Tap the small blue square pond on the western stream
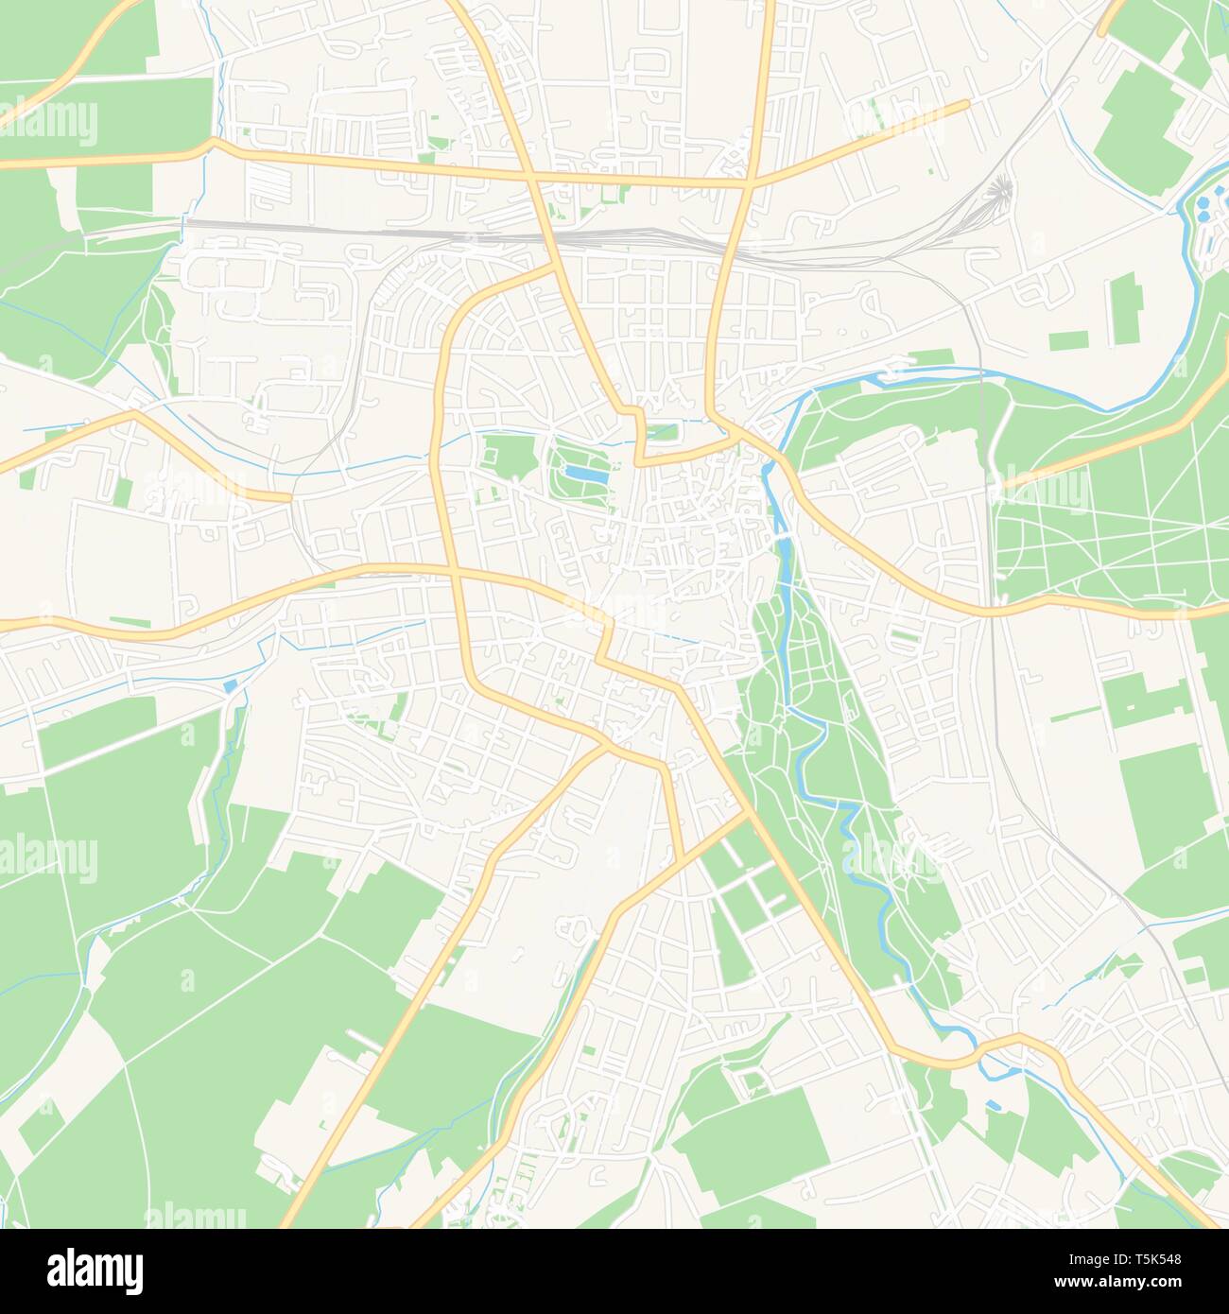click(x=230, y=685)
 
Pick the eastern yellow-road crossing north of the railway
click(x=751, y=182)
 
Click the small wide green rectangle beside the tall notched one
click(x=1067, y=340)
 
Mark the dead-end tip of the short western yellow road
click(x=288, y=497)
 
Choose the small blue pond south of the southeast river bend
click(x=993, y=1104)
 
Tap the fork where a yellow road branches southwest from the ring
click(x=605, y=747)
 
